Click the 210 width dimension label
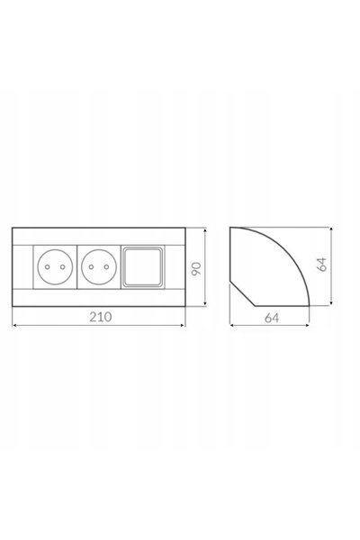coord(101,317)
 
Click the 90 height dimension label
coord(196,268)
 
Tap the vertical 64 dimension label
coord(322,264)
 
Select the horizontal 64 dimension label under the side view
coord(272,318)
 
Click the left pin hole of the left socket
coord(48,267)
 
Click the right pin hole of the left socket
coord(62,267)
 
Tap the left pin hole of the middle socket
coord(91,267)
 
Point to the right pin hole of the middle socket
coord(106,267)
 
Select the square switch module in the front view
coord(142,267)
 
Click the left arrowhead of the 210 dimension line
coord(14,325)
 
